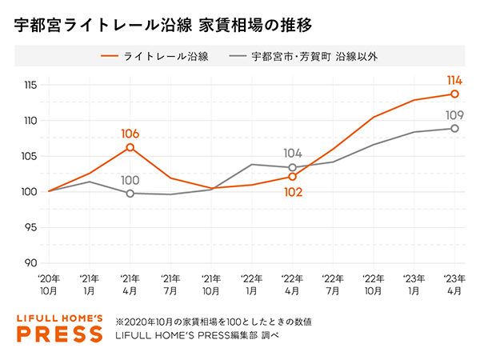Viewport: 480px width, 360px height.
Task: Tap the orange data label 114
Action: click(x=454, y=80)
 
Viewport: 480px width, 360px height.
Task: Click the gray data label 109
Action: click(x=454, y=115)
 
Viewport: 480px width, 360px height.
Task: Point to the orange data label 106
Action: click(x=130, y=134)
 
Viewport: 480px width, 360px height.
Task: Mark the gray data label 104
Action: click(x=292, y=153)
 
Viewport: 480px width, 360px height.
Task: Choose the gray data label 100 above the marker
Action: click(x=130, y=180)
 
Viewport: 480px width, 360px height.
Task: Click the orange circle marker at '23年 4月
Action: click(x=454, y=94)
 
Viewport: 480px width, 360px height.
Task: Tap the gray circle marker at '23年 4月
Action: click(x=454, y=129)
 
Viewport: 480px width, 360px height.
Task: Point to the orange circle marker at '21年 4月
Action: click(x=130, y=147)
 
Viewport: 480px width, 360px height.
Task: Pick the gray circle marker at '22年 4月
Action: click(x=292, y=167)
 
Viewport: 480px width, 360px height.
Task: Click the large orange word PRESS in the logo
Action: click(x=60, y=333)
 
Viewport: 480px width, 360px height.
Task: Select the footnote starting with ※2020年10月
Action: click(x=214, y=321)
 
